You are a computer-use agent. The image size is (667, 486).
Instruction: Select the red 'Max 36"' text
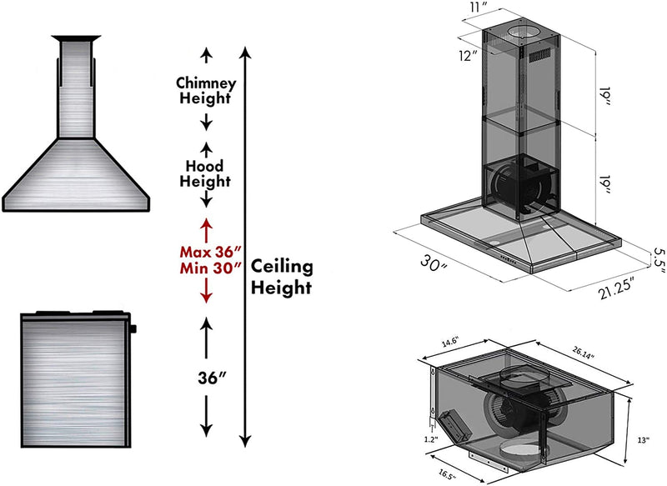[210, 251]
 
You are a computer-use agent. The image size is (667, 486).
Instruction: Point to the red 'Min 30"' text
[210, 268]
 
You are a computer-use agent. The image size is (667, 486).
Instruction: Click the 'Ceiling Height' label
[282, 277]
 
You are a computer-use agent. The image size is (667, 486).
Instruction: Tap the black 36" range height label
[208, 377]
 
